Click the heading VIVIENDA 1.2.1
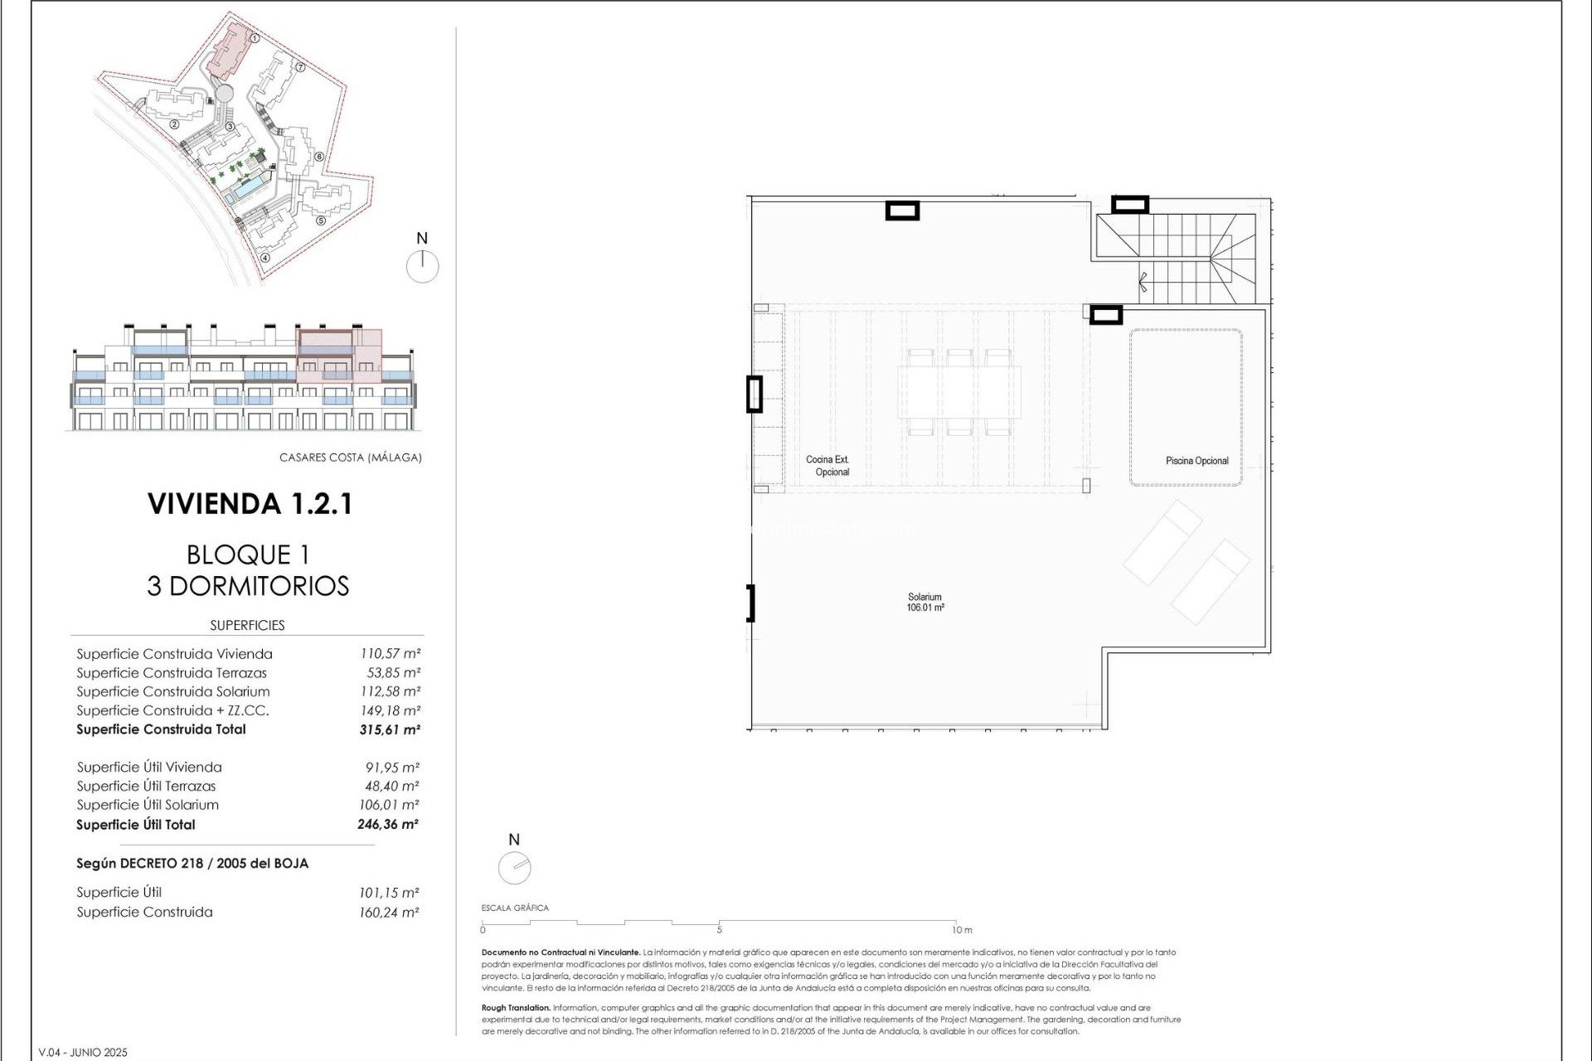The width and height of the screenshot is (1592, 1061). pyautogui.click(x=250, y=504)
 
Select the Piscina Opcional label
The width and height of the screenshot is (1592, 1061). pyautogui.click(x=1196, y=461)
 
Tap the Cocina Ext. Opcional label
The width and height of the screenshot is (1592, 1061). pyautogui.click(x=828, y=466)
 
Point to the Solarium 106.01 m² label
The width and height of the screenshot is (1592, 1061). pyautogui.click(x=925, y=603)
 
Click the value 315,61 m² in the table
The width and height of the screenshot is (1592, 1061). pyautogui.click(x=390, y=730)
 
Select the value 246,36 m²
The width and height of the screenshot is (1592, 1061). pyautogui.click(x=388, y=825)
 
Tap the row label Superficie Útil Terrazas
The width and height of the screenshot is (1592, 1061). pyautogui.click(x=146, y=786)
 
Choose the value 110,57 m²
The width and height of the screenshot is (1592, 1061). pyautogui.click(x=390, y=654)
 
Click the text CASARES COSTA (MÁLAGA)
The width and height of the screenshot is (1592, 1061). pyautogui.click(x=350, y=458)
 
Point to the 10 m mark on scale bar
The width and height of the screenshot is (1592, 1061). pyautogui.click(x=962, y=930)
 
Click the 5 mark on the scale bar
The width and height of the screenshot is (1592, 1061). pyautogui.click(x=719, y=930)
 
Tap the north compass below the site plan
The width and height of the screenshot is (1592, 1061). pyautogui.click(x=422, y=266)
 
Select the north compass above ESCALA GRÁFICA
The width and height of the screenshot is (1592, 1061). pyautogui.click(x=514, y=868)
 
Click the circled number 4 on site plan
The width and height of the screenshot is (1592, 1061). pyautogui.click(x=265, y=257)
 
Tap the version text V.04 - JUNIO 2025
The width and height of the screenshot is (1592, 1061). pyautogui.click(x=83, y=1053)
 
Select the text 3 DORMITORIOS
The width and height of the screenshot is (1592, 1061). pyautogui.click(x=248, y=586)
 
